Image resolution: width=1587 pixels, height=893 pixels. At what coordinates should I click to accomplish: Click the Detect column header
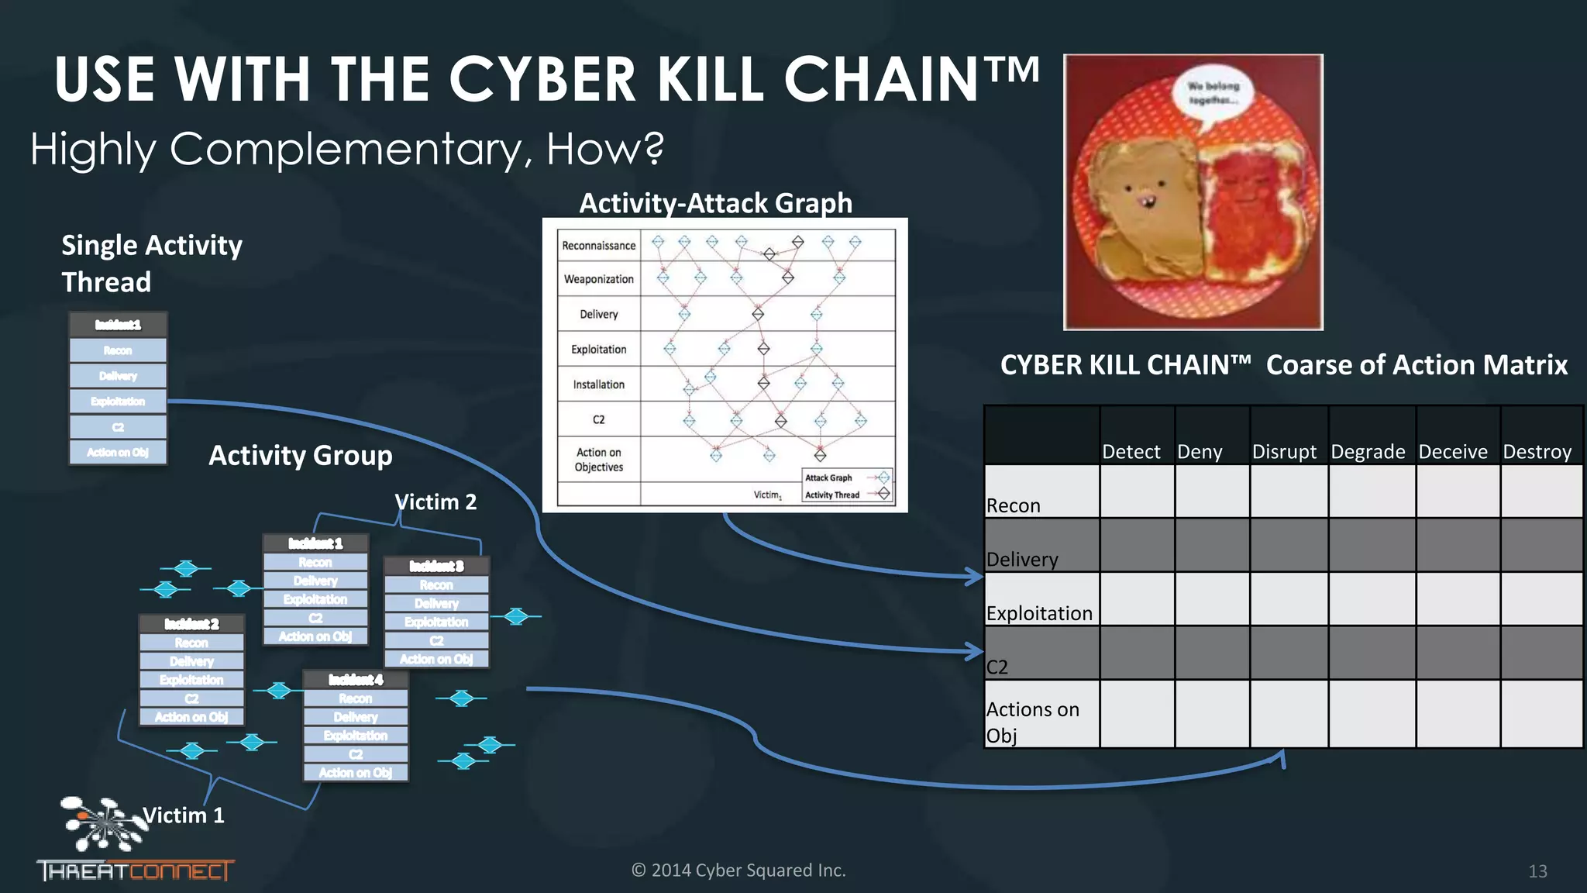(1131, 451)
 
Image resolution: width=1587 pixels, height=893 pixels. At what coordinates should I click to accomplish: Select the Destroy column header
(1537, 451)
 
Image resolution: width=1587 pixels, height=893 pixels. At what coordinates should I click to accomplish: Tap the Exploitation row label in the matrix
(1039, 612)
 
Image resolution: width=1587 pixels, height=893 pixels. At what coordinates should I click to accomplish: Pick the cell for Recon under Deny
(1211, 491)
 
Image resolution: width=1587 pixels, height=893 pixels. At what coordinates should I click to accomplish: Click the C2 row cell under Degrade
(1372, 653)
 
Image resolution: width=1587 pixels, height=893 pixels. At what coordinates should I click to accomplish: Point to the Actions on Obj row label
(1033, 722)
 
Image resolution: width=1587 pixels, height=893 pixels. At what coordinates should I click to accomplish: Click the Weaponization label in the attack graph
(598, 279)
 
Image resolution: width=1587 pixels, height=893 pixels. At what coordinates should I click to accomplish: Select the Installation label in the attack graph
(598, 384)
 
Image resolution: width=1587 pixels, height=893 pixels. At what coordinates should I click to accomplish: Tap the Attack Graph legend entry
(828, 478)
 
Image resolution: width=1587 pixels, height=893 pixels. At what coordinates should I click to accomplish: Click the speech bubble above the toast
(1213, 94)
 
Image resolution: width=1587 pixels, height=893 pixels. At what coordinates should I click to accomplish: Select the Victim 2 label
(435, 502)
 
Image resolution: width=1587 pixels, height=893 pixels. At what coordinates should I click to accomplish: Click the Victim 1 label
(184, 815)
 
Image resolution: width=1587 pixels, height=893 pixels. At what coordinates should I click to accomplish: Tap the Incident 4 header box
(356, 680)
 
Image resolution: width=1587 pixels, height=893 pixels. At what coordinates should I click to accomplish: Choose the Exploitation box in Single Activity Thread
(118, 402)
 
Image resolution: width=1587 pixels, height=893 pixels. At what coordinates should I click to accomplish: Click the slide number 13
(1537, 871)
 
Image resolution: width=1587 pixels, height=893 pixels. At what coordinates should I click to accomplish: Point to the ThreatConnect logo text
(135, 871)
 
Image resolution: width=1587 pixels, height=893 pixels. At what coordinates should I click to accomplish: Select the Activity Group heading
(301, 455)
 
